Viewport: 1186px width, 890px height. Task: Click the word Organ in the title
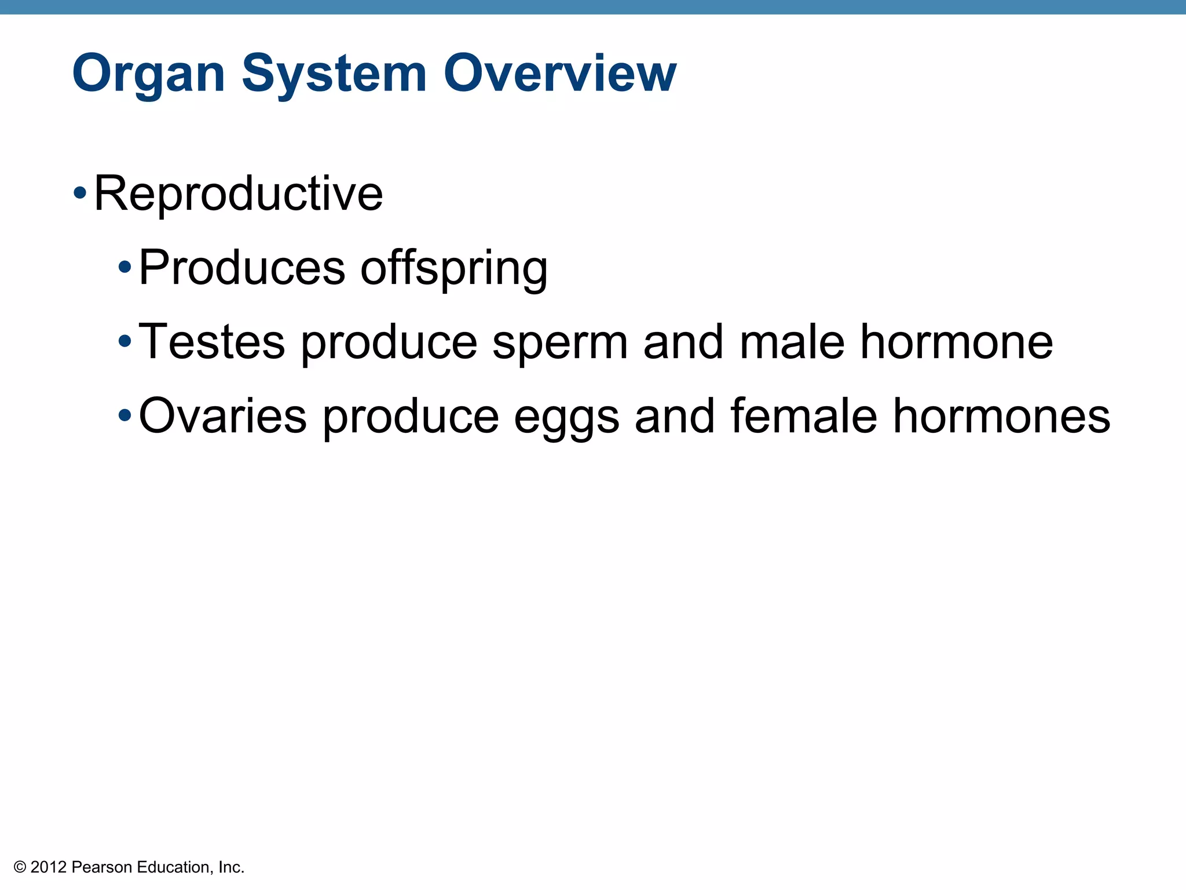[x=148, y=74]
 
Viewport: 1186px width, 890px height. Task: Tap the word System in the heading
[x=334, y=74]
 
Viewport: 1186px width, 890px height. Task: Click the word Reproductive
[x=238, y=194]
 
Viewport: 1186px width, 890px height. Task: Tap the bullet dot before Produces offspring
[x=125, y=267]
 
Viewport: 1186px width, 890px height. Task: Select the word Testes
[x=212, y=342]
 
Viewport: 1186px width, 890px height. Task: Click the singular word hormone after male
[x=956, y=342]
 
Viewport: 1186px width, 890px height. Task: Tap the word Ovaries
[x=222, y=416]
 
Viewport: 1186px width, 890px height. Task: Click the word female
[x=803, y=416]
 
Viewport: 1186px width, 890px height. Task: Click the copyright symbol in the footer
[x=20, y=867]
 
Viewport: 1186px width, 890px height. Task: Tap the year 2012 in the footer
[x=49, y=867]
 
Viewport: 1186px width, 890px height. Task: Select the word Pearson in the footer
[x=102, y=867]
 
